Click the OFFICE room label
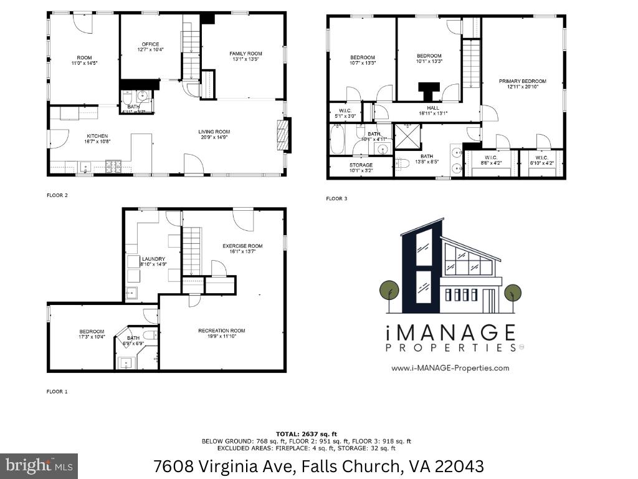(150, 44)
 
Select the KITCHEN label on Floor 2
(97, 136)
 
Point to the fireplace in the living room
(283, 135)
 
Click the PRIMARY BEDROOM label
(522, 81)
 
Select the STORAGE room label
(361, 165)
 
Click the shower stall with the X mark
(407, 135)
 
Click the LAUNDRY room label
(153, 259)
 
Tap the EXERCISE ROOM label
(242, 246)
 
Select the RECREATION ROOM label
(221, 331)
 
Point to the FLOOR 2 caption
(57, 195)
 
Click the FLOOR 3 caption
(336, 199)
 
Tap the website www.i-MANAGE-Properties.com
(450, 368)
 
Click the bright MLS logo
(39, 465)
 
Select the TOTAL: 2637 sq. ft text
(306, 433)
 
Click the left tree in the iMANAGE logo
(389, 291)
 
